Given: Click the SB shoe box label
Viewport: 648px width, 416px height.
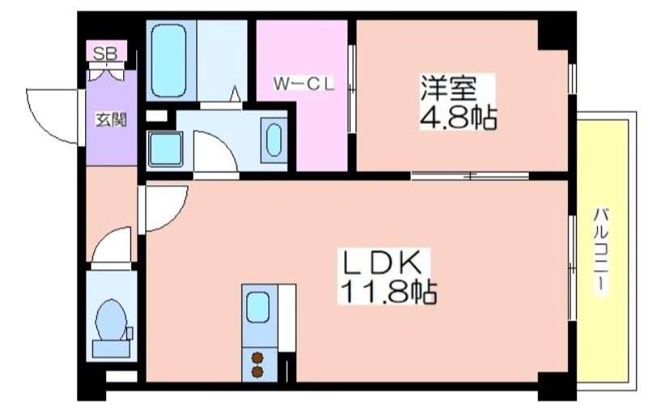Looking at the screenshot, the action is click(x=105, y=54).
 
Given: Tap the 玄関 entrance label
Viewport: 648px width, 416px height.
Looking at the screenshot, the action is click(x=111, y=120).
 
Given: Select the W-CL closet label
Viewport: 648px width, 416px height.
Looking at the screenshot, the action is click(x=304, y=84).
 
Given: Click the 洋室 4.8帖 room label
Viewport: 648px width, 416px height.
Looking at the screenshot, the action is click(x=458, y=102).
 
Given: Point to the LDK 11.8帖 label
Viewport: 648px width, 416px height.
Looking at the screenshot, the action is click(x=387, y=276).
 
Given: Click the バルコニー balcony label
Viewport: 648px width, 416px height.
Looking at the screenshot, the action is click(x=601, y=251).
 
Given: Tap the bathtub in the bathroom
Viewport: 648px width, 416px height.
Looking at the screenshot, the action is click(x=168, y=61).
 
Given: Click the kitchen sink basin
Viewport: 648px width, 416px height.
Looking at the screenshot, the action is click(x=258, y=307).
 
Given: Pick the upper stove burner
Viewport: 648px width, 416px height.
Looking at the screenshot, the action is click(x=258, y=358).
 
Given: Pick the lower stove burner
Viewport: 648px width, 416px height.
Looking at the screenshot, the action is click(x=258, y=372).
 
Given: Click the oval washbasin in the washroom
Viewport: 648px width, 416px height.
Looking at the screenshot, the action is click(x=274, y=140).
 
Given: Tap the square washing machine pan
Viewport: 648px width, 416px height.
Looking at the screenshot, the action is click(x=165, y=149).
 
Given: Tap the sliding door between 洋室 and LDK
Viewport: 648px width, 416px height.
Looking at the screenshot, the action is click(x=471, y=175).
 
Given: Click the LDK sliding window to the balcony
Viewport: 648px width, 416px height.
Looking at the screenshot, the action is click(x=573, y=268).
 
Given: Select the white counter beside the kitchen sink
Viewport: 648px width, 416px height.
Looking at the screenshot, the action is click(x=287, y=318).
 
